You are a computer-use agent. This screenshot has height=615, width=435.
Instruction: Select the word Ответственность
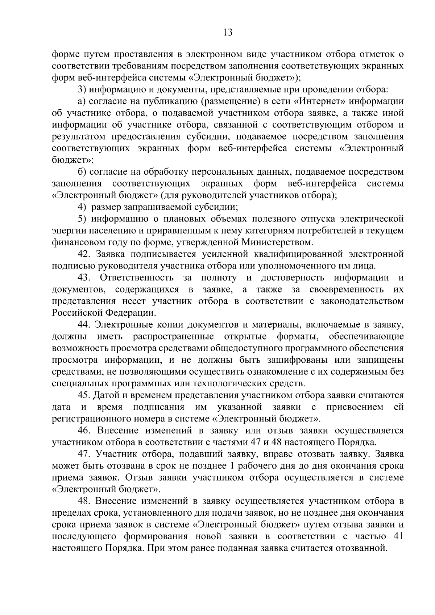coord(137,278)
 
